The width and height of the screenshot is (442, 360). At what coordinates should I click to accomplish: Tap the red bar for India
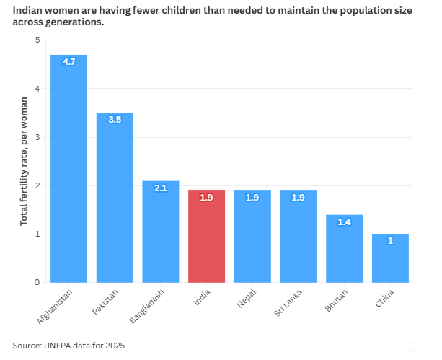coord(206,238)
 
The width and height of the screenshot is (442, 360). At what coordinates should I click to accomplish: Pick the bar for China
coord(390,260)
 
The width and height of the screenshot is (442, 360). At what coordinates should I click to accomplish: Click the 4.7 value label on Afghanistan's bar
coord(68,63)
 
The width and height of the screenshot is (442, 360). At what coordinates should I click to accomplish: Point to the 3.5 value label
coord(115,120)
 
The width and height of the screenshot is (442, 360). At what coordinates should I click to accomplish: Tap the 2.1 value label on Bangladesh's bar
coord(160,188)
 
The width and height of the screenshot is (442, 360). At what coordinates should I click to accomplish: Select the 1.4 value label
coord(344,222)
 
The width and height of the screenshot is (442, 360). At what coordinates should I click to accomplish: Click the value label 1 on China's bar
coord(390,241)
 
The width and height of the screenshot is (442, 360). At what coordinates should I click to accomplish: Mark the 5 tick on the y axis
coord(37,40)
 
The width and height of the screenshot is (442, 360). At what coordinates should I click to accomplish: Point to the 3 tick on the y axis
coord(37,137)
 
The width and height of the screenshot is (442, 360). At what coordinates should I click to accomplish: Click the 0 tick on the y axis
coord(37,283)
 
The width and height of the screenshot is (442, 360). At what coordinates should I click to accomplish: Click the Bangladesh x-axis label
coord(147,307)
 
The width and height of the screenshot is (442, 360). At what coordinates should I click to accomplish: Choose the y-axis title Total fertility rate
coord(24,161)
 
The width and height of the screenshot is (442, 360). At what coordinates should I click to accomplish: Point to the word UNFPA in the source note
coord(59,346)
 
